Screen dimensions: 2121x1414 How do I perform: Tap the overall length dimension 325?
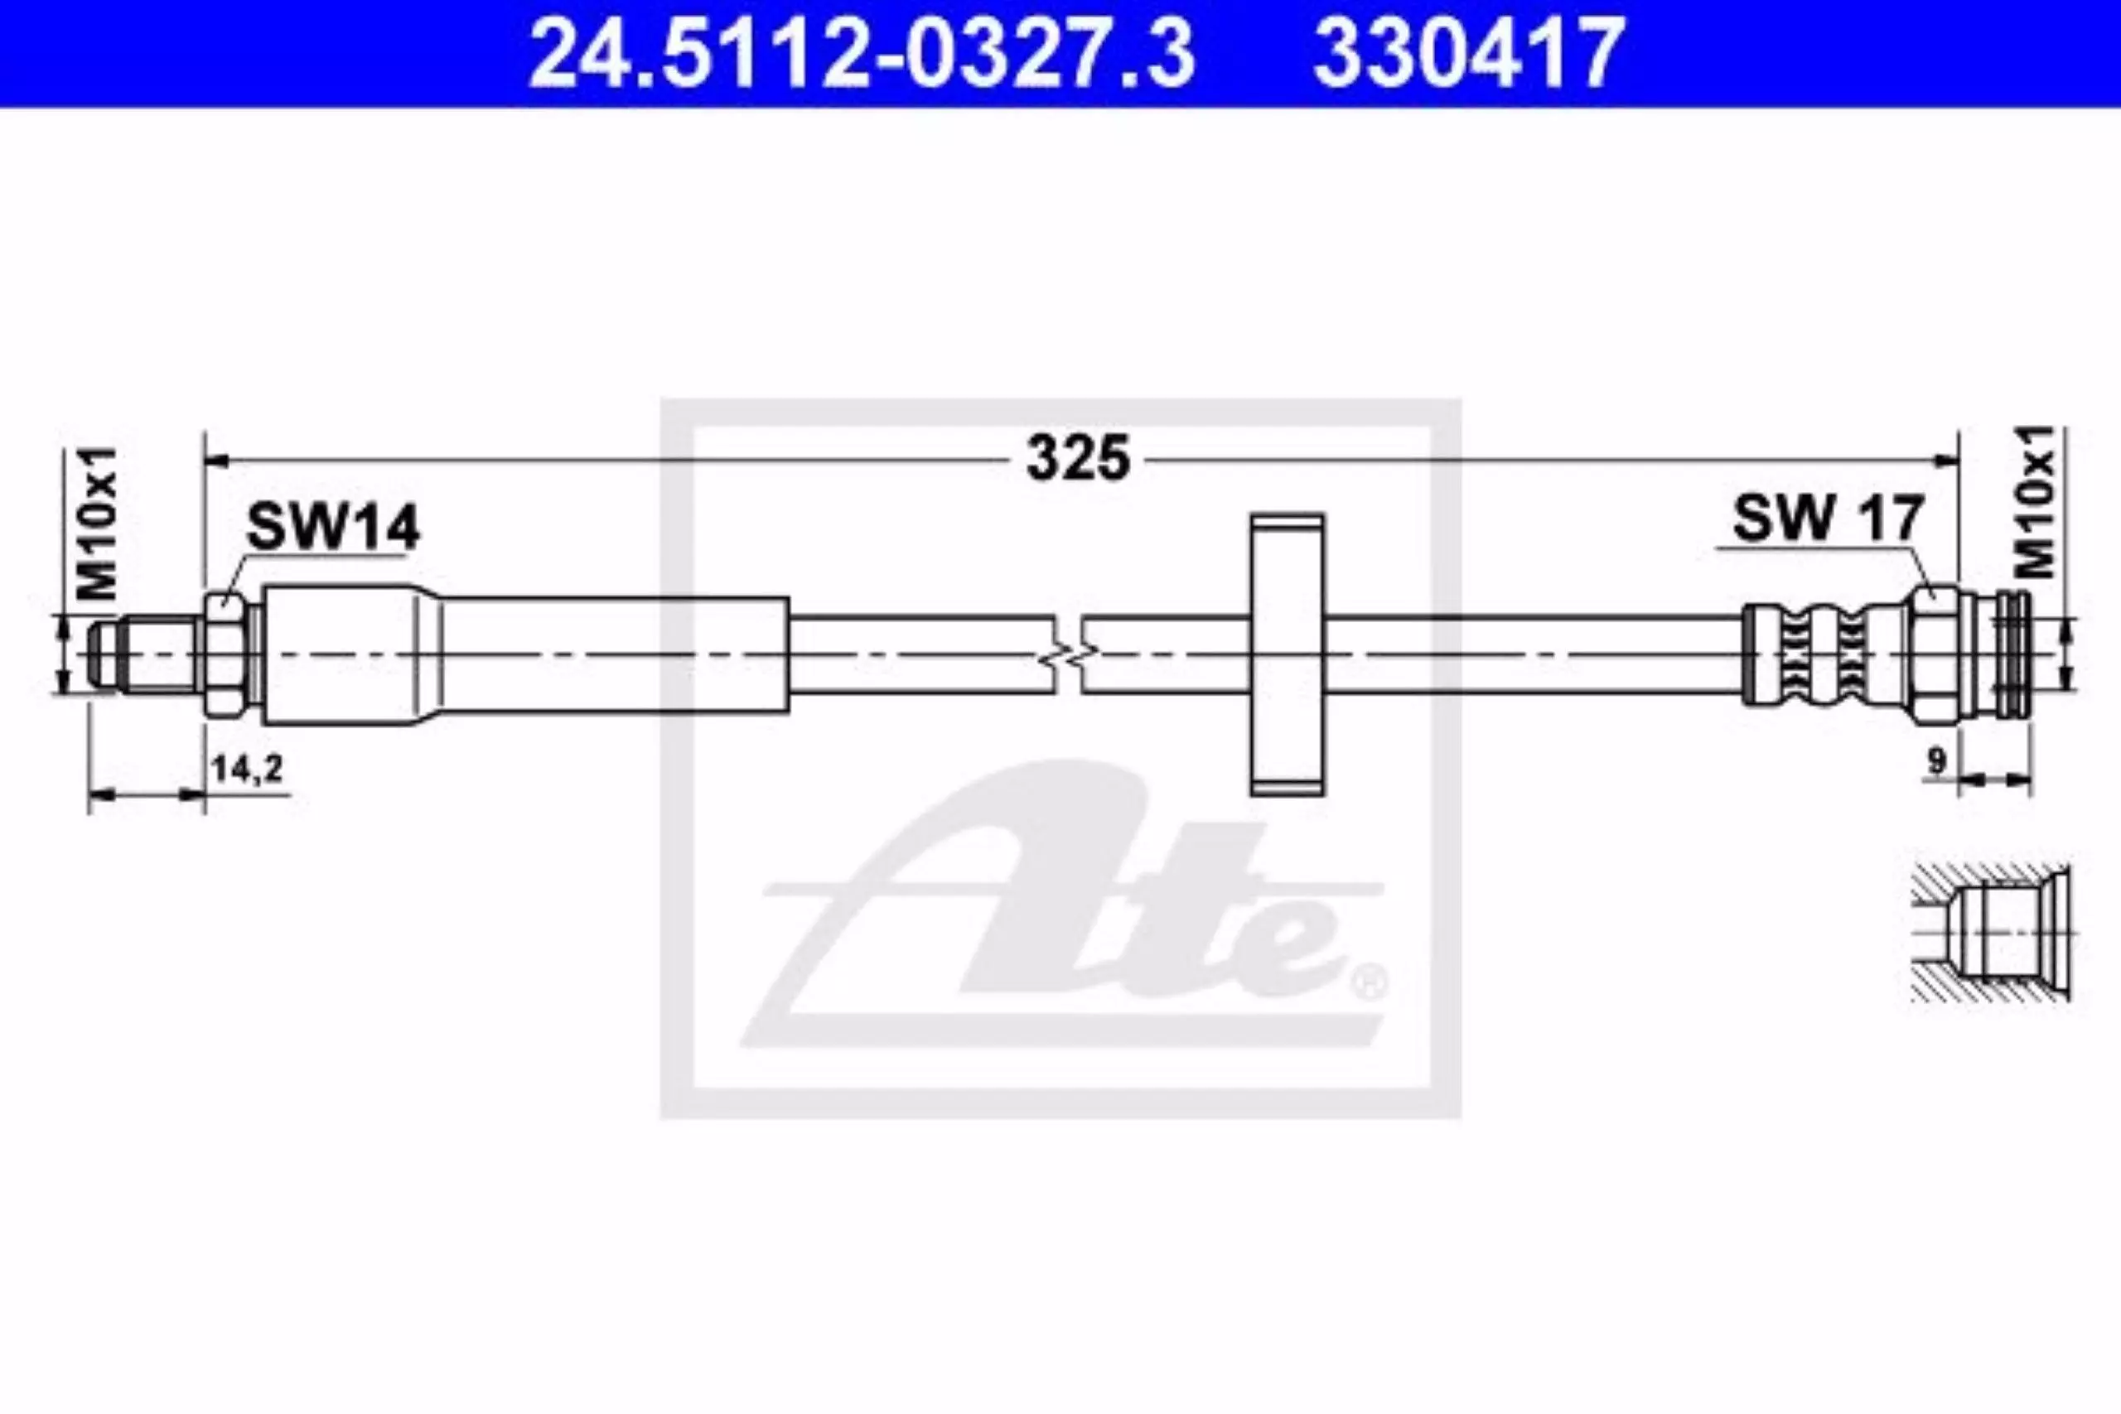pyautogui.click(x=1079, y=458)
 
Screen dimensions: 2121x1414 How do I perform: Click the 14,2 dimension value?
pyautogui.click(x=247, y=769)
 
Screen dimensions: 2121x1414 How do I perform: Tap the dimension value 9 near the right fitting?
pyautogui.click(x=1936, y=762)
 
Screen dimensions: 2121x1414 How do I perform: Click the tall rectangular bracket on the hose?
pyautogui.click(x=1287, y=654)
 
